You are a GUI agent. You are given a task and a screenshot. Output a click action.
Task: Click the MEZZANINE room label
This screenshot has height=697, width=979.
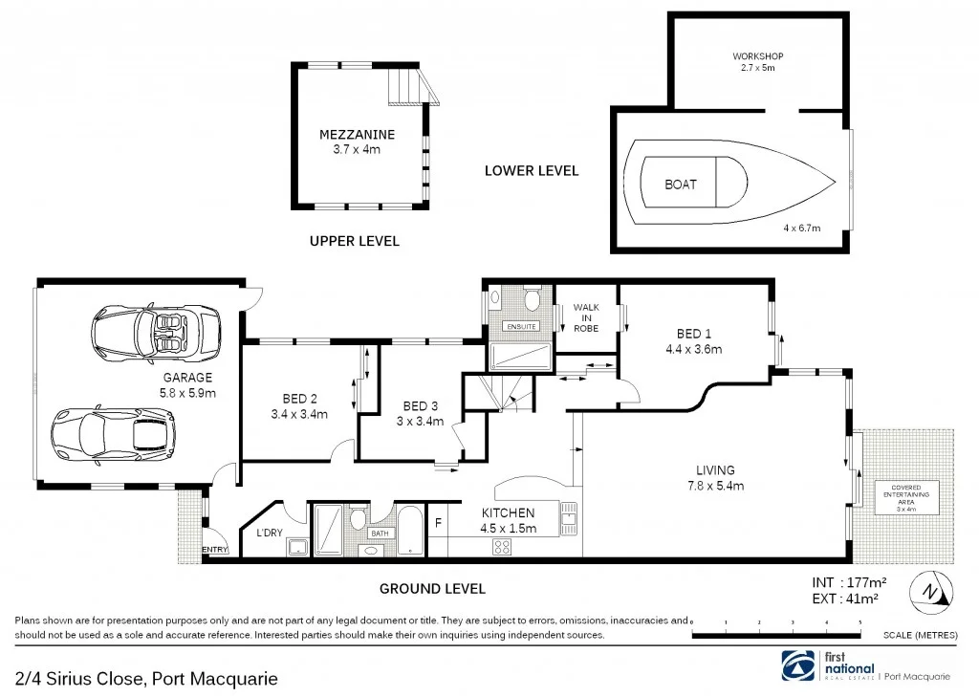pos(357,135)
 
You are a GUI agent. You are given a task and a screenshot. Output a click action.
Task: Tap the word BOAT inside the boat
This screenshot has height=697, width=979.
pos(681,185)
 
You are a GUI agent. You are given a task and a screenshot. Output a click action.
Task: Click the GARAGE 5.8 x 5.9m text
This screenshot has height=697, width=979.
pos(187,384)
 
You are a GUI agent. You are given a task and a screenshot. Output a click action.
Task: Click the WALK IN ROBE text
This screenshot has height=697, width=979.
pos(586,317)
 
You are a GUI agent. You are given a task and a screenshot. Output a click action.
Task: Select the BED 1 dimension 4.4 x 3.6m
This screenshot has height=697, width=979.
pos(694,349)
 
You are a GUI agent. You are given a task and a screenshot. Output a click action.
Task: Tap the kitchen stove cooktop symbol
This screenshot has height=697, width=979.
pos(503,546)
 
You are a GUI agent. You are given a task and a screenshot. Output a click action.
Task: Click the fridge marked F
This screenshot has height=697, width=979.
pos(438,523)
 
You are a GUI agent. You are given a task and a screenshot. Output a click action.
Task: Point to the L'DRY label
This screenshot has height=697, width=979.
pos(269,533)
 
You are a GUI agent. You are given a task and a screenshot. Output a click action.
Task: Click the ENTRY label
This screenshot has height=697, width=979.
pos(215,550)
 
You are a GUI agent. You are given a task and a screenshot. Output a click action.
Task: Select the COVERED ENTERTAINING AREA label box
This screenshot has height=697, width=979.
pos(906,496)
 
